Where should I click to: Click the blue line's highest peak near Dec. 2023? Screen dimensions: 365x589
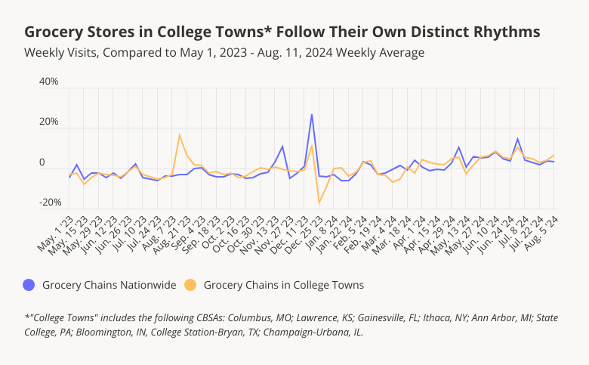point(312,115)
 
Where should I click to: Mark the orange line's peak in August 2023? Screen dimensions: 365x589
point(179,135)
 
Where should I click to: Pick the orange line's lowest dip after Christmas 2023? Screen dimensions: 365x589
point(319,203)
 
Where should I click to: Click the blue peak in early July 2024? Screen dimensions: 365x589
point(517,139)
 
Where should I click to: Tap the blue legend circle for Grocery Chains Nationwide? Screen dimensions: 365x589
point(29,285)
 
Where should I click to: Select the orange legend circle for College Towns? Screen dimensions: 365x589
point(191,285)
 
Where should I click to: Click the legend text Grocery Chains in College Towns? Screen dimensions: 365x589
point(284,285)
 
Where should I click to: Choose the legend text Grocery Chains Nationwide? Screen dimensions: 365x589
point(109,285)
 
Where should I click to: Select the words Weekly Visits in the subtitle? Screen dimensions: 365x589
point(62,53)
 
